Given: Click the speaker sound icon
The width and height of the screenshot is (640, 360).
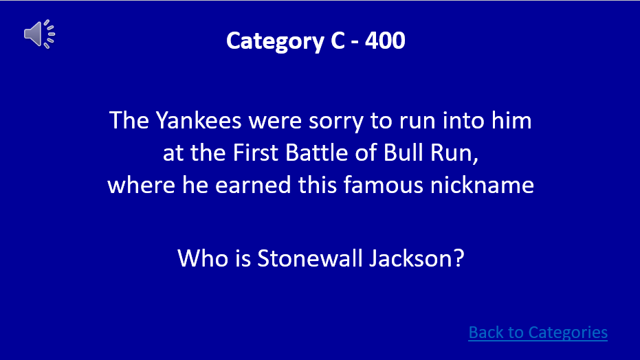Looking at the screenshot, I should (39, 34).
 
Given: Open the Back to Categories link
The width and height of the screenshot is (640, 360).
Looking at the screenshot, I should (538, 333).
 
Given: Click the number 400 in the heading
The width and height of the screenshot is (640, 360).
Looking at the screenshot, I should (386, 41).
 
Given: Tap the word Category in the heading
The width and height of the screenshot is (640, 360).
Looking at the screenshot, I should (271, 41).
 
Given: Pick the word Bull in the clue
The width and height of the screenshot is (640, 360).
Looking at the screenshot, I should (407, 153).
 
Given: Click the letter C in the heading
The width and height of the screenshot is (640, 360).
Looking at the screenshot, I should (335, 41).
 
